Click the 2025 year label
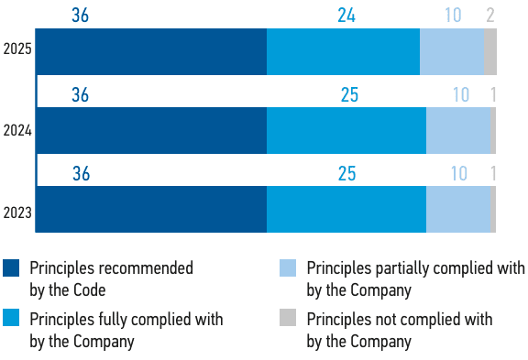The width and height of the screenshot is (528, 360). pos(17,49)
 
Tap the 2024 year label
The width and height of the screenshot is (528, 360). pos(17,131)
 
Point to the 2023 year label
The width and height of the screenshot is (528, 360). pos(17,213)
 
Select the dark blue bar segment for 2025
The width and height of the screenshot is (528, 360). pos(151,52)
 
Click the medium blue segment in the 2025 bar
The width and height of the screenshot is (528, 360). pos(343,52)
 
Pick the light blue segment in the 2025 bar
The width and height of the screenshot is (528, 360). pos(452,52)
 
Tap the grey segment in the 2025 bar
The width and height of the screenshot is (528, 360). pos(490,52)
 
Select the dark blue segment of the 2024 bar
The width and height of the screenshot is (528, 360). pos(151,131)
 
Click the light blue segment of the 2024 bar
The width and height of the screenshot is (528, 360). pos(458,131)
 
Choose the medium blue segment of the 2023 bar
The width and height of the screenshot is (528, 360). pos(346,209)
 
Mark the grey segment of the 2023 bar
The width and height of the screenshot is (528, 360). pos(493,209)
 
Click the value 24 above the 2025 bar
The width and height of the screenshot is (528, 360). pos(346,16)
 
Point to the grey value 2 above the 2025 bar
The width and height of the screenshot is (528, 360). pos(490,16)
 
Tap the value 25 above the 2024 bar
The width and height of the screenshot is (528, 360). pos(349,94)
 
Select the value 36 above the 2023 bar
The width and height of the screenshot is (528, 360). pos(82,174)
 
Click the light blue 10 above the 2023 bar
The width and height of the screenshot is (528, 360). pos(459,174)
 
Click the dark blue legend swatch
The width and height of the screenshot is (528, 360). pos(11,267)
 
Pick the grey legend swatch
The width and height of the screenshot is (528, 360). pos(288,318)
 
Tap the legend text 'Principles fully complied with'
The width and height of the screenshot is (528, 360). pos(126,320)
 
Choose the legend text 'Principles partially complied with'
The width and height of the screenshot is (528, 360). pos(415,268)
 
